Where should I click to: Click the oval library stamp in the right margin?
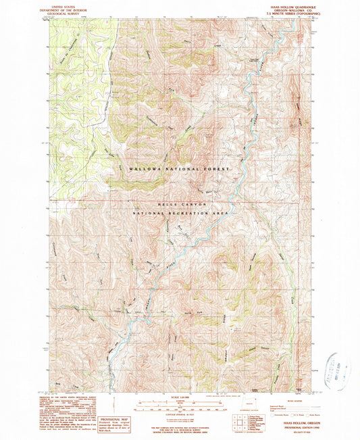coord(340,370)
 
